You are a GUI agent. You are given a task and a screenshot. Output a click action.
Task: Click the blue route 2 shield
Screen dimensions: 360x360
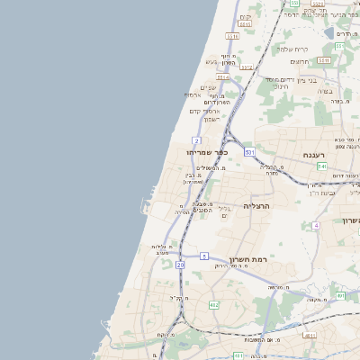(x=196, y=140)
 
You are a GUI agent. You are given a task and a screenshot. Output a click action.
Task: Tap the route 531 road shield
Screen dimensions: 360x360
(x=248, y=153)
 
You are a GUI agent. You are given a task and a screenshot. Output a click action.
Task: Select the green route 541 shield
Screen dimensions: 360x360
(x=321, y=166)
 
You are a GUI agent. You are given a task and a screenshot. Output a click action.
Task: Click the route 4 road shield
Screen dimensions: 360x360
(x=316, y=225)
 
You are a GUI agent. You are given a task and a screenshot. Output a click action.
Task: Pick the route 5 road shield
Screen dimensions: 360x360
(x=204, y=256)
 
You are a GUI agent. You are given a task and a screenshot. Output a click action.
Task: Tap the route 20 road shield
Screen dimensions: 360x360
(x=180, y=265)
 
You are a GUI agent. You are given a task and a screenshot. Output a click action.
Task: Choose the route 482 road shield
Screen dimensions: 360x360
(x=213, y=305)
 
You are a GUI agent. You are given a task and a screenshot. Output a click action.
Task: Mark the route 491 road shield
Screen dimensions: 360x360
(x=340, y=295)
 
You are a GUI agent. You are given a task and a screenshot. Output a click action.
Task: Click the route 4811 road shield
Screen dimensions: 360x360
(x=310, y=335)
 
